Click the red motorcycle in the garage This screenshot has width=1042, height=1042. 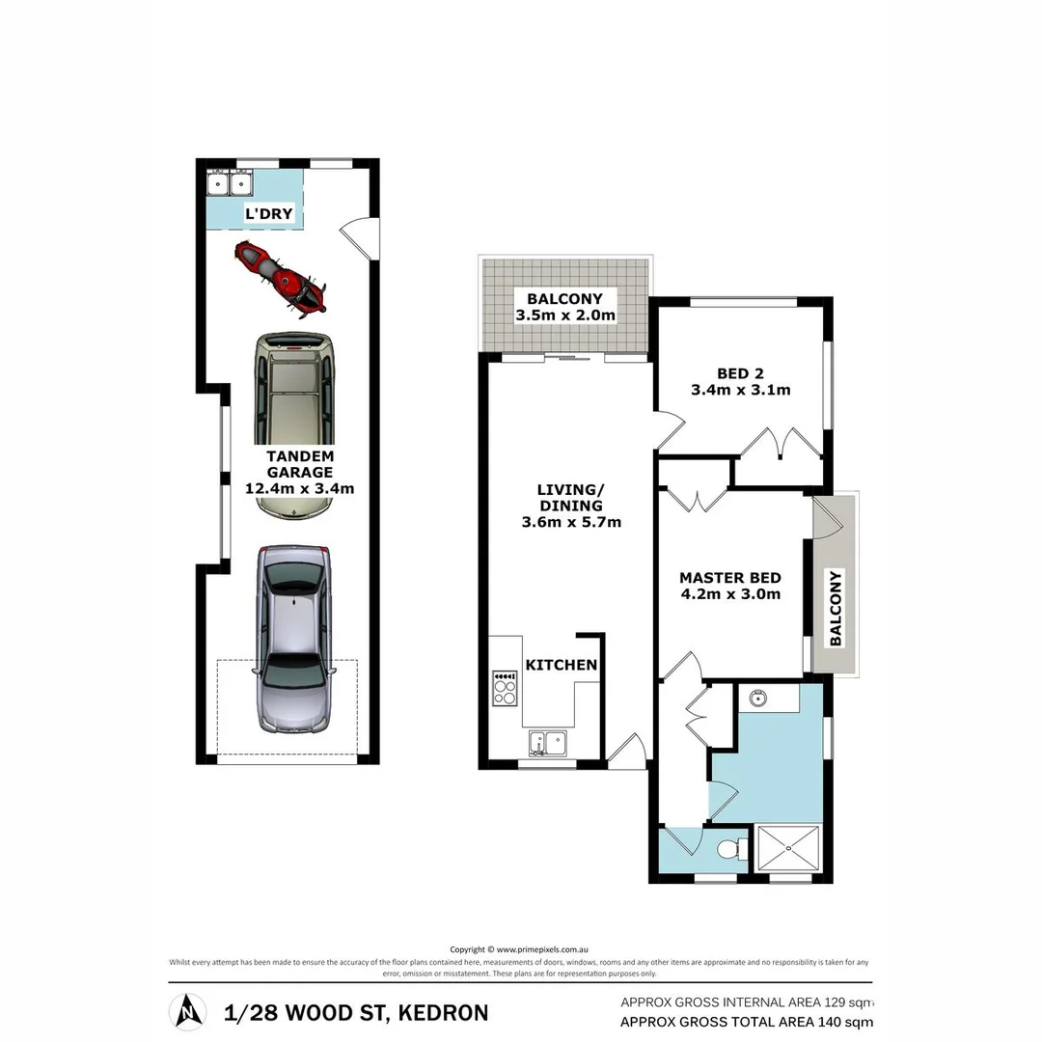point(281,279)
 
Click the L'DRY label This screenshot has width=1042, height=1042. point(268,213)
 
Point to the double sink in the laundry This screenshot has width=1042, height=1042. point(231,182)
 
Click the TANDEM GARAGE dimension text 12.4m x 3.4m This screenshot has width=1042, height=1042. point(300,488)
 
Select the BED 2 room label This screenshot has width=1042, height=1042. point(740,373)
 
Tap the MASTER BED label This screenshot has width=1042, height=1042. point(730,578)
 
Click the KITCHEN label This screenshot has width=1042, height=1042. point(562,665)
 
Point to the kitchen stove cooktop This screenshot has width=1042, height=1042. point(505,688)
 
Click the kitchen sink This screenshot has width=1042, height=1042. point(547,743)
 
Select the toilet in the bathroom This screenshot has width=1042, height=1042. point(735,849)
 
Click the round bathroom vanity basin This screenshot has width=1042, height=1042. point(756,697)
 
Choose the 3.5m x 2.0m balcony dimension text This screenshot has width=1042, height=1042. point(565,315)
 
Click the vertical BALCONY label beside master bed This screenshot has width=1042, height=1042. point(836,608)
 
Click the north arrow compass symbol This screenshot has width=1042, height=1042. point(187,1012)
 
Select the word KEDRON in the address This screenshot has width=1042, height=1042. point(442,1013)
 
